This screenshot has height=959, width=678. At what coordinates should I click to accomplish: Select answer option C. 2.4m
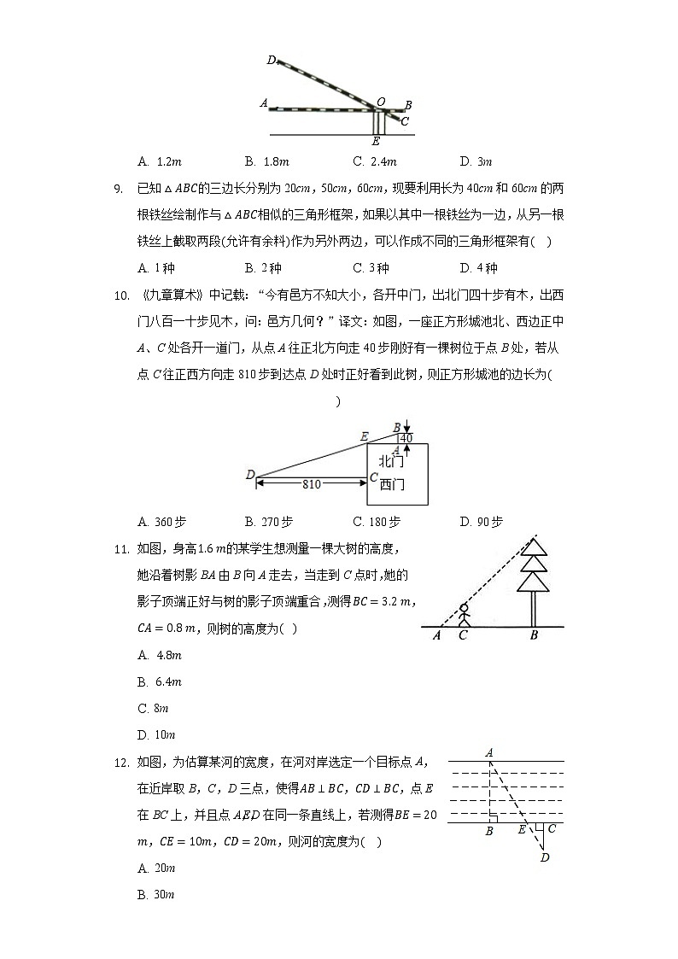pos(375,161)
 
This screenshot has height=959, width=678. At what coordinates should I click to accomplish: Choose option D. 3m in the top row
pos(476,161)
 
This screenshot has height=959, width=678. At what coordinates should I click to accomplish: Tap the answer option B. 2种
pos(262,268)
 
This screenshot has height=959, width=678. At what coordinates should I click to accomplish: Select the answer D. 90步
pos(481,522)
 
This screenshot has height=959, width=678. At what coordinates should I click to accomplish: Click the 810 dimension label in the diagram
pos(311,484)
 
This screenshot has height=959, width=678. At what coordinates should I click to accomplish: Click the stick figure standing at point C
pos(464,617)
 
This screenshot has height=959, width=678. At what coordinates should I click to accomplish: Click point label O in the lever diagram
pos(380,102)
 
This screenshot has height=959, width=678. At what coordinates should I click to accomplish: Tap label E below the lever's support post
pos(376,141)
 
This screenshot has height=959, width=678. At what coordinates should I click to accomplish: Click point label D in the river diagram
pos(544,857)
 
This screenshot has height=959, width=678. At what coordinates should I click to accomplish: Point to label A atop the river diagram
pos(489,752)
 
